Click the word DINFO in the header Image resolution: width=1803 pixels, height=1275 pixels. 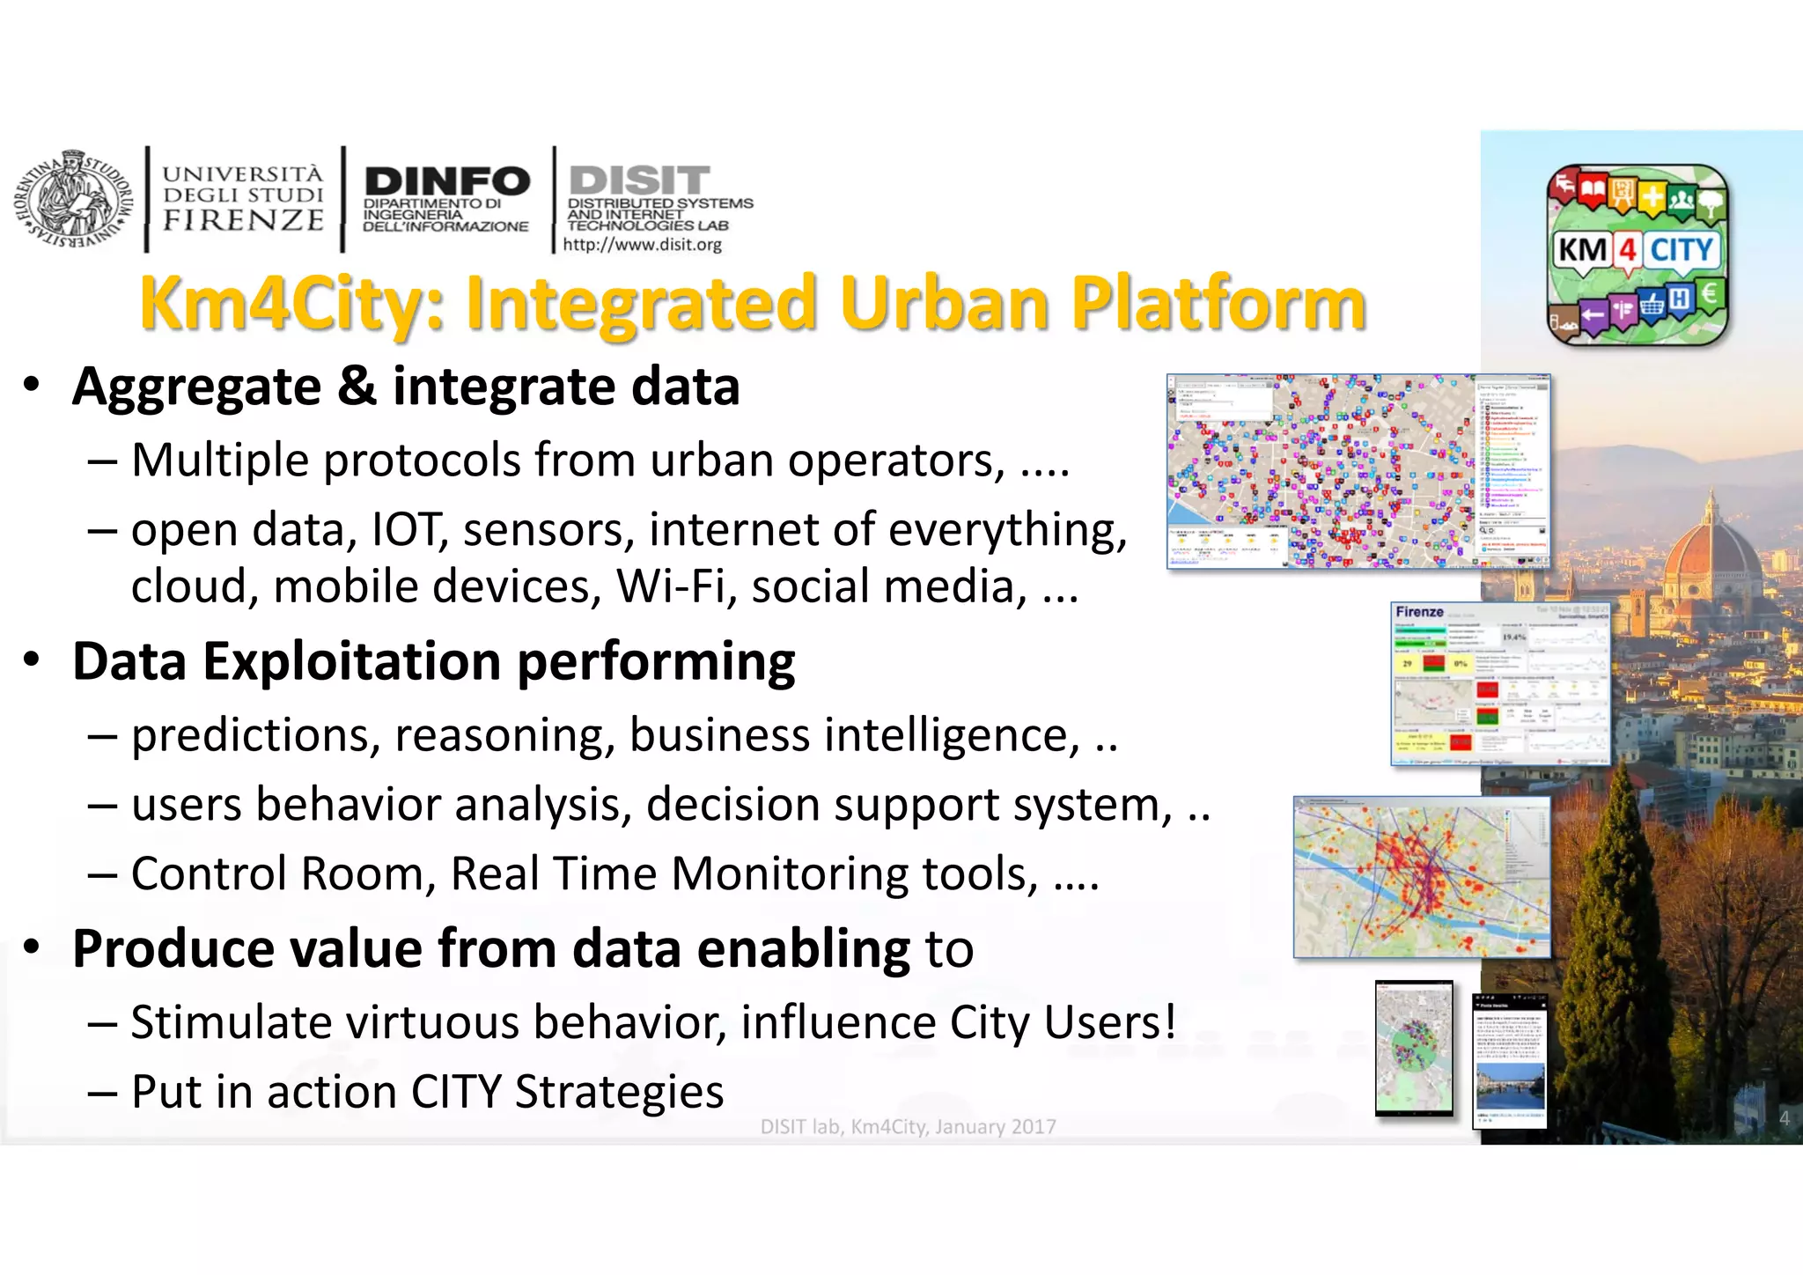coord(447,181)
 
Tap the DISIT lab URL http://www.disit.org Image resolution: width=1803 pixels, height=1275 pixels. coord(643,245)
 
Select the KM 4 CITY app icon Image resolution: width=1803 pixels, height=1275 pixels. coord(1637,254)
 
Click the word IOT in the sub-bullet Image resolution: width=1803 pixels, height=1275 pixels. coord(408,530)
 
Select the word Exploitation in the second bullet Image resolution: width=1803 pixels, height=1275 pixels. coord(351,661)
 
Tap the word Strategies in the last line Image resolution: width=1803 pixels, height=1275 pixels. coord(619,1092)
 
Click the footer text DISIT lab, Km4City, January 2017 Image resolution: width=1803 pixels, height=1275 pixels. coord(908,1126)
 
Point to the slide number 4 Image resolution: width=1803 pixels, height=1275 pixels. coord(1784,1118)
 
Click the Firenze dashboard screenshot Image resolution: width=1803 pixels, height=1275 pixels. coord(1500,684)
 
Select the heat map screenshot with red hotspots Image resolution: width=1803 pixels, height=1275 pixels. coord(1421,877)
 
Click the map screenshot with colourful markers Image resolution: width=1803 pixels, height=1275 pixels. coord(1358,471)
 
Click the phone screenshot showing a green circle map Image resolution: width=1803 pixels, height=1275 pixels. coord(1414,1049)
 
